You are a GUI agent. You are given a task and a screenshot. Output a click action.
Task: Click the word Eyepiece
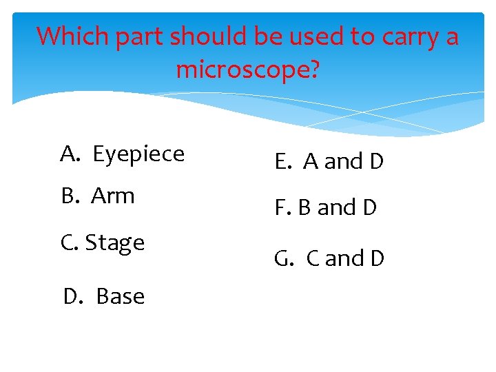[138, 154]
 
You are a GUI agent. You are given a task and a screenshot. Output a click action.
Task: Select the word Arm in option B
[112, 196]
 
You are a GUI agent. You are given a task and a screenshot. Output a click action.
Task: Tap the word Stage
[115, 243]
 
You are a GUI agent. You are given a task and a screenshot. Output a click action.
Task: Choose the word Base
[121, 296]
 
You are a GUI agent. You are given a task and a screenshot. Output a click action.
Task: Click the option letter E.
[282, 162]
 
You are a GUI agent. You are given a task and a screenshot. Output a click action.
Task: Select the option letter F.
[281, 207]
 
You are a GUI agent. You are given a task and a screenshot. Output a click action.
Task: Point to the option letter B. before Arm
[70, 196]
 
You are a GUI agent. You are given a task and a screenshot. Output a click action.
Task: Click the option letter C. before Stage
[70, 243]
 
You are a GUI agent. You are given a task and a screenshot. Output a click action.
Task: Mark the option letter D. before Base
[72, 296]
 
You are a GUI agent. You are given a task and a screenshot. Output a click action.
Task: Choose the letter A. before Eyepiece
[69, 154]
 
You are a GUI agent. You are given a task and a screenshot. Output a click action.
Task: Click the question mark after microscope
[312, 70]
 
